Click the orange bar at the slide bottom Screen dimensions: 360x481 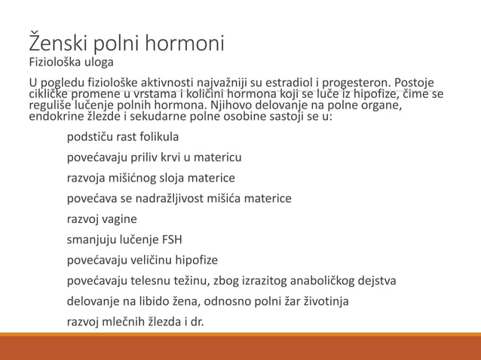(x=240, y=347)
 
